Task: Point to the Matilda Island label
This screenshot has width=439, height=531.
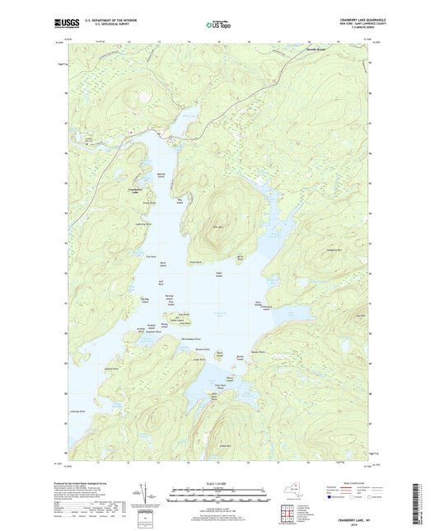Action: coord(161,176)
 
